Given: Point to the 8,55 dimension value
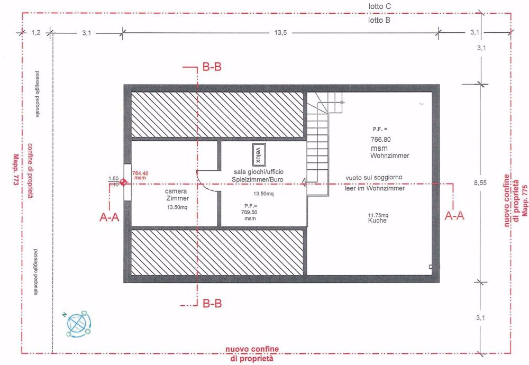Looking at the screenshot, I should point(480,183).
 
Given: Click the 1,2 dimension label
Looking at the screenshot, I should point(36,33).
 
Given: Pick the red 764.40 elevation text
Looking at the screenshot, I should point(140,173).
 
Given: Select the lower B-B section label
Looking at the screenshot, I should point(212,304).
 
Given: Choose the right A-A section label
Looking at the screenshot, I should point(455,216).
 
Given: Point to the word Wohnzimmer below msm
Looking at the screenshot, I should point(390,157).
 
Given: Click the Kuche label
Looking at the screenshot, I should point(378,221).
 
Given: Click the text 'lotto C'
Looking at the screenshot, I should point(380,6).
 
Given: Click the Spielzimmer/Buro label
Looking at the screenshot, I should point(261,180).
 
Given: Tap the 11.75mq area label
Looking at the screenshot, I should point(378,215).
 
